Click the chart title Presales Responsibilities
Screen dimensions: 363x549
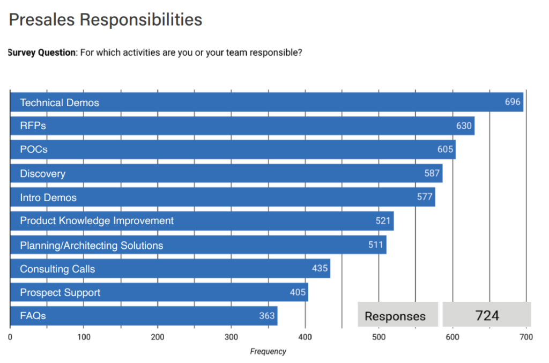(106, 20)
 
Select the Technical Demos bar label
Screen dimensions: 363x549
(60, 102)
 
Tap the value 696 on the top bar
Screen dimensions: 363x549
(513, 102)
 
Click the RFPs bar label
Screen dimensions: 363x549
(33, 126)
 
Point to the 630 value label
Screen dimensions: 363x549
(464, 126)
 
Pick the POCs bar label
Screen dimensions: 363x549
(34, 150)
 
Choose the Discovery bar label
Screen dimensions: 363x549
(42, 174)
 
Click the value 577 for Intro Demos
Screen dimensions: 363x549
(425, 197)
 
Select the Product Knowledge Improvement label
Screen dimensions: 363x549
(97, 220)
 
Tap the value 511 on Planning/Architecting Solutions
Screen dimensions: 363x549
(376, 245)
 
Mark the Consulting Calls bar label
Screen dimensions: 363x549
(57, 269)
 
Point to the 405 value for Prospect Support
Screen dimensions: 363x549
(298, 292)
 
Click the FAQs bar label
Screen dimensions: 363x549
(33, 316)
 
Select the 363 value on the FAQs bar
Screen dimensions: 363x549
(266, 316)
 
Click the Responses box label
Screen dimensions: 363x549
(395, 316)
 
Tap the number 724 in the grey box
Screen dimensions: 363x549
(487, 315)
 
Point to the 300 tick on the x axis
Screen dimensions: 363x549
(231, 337)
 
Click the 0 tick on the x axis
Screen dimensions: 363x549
(10, 337)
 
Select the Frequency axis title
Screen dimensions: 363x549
(268, 352)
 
